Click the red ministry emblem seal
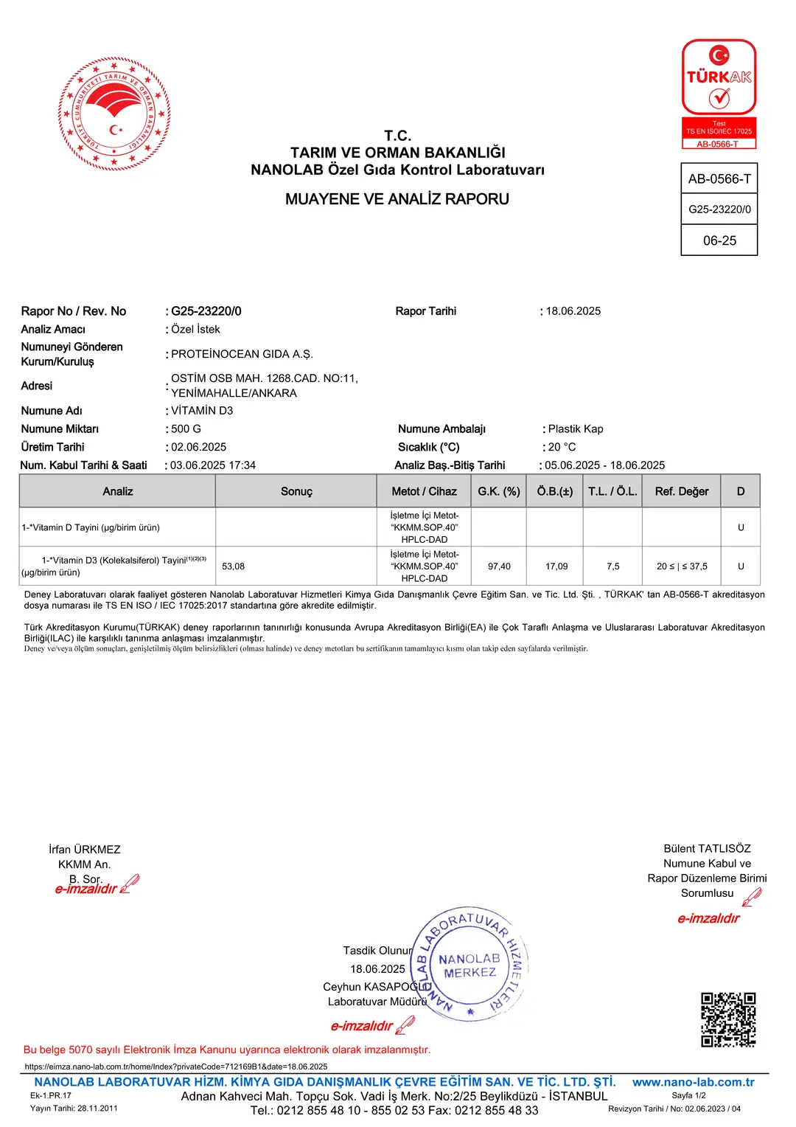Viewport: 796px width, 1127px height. pos(114,114)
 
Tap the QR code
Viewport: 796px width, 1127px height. pos(727,1019)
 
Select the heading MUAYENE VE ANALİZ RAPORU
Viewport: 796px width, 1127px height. pos(397,199)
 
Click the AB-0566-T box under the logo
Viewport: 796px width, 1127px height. pos(719,178)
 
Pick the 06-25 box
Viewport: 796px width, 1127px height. pos(719,240)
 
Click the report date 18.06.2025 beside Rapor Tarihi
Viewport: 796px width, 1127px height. pos(573,311)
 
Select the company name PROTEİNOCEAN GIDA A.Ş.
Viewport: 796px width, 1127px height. pos(242,354)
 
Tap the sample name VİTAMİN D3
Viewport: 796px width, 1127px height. pos(202,411)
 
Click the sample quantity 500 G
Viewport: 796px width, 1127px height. pos(186,429)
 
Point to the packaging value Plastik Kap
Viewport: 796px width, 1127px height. pos(576,429)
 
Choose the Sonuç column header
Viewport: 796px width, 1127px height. pos(296,491)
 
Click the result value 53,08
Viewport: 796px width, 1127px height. pos(233,566)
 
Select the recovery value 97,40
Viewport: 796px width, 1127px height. pos(499,566)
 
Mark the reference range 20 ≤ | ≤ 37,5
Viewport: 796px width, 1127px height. pos(682,566)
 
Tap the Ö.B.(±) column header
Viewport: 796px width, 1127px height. pos(555,491)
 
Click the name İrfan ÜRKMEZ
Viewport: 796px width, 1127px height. pos(85,850)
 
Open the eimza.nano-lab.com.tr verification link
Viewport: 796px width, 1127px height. pos(176,1067)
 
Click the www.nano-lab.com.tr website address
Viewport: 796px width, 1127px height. pos(693,1082)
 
